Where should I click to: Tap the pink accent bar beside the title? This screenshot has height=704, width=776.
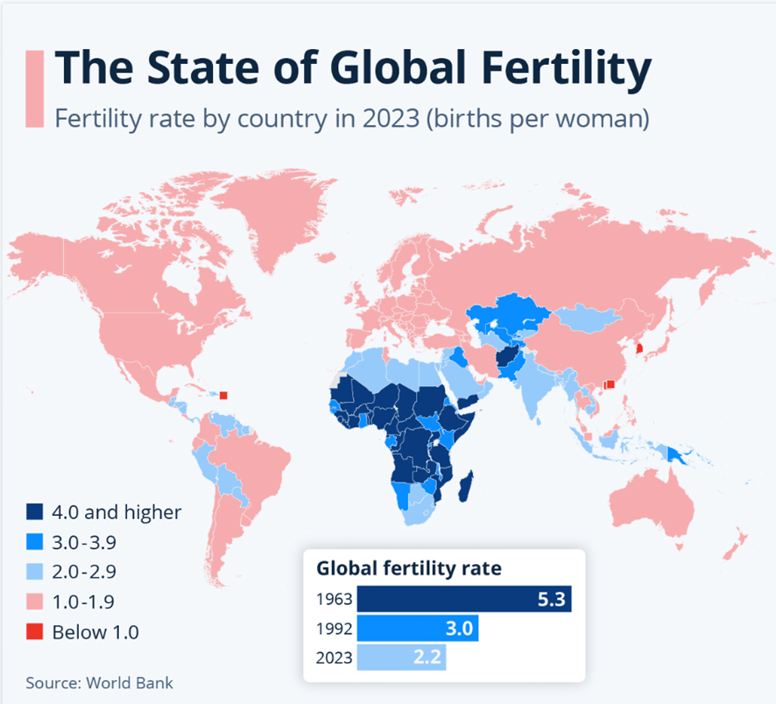pos(35,88)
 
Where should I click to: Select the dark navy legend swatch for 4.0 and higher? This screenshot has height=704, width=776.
pos(35,512)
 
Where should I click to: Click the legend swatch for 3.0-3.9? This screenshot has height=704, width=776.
pos(35,542)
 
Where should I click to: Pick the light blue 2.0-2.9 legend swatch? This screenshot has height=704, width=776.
pos(35,572)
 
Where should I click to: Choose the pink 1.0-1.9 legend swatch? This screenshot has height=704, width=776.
pos(35,602)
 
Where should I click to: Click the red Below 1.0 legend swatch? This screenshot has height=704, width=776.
pos(35,631)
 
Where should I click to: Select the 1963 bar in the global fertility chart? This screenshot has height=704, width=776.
pos(464,600)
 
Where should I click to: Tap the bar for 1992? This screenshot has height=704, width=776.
pos(418,629)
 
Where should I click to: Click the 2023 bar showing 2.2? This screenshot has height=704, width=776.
pos(401,658)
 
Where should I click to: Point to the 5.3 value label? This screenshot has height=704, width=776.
pos(551,600)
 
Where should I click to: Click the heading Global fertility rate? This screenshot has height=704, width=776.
pos(409,567)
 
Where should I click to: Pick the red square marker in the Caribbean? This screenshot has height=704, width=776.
pos(224,395)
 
